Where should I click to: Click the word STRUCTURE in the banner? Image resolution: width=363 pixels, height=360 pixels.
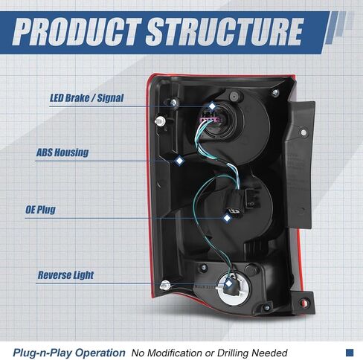tap(225, 32)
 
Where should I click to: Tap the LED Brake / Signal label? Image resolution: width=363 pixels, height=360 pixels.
tap(87, 98)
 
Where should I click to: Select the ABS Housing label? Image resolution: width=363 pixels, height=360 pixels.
tap(62, 152)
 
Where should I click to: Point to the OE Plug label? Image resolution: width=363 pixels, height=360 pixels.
tap(40, 210)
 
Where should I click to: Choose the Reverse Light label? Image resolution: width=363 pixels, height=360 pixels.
tap(65, 275)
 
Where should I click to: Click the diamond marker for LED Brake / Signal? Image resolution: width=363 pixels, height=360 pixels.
tap(212, 106)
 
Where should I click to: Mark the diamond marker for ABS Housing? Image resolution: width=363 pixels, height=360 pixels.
tap(179, 161)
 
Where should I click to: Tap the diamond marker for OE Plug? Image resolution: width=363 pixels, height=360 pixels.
tap(227, 218)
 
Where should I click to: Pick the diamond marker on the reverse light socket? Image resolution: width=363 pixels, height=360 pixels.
tap(228, 283)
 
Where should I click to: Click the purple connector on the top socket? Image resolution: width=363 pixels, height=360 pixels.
tap(210, 120)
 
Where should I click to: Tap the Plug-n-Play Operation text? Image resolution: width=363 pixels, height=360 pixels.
tap(69, 353)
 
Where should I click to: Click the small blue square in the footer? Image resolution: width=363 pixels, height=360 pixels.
tap(350, 353)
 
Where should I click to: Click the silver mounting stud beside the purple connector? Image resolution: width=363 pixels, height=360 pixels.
tap(160, 121)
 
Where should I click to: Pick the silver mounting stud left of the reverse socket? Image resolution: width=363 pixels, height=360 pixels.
tap(165, 286)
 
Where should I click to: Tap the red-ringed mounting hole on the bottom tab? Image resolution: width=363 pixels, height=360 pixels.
tap(304, 303)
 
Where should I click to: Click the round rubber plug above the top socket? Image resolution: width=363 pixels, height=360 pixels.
tap(234, 96)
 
